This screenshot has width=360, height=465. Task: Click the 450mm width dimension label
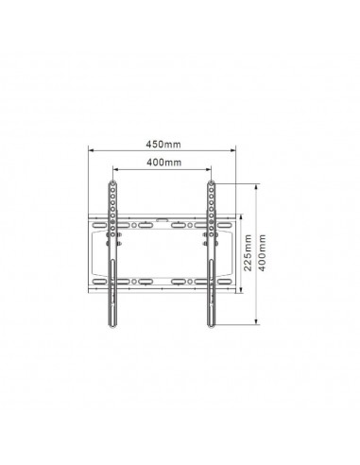click(x=163, y=144)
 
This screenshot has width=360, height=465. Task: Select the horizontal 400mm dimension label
click(x=163, y=163)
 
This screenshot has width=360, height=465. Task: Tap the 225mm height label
click(x=249, y=252)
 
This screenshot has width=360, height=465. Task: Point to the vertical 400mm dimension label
click(x=263, y=252)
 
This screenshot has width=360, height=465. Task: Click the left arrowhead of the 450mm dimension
click(x=91, y=150)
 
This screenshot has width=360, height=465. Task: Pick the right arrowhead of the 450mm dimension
click(x=233, y=150)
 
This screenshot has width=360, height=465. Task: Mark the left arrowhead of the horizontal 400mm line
click(x=115, y=169)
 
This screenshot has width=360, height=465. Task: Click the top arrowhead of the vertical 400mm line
click(x=257, y=187)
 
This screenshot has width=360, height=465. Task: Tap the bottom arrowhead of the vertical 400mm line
click(x=257, y=321)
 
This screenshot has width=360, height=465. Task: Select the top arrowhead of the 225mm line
click(x=241, y=217)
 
